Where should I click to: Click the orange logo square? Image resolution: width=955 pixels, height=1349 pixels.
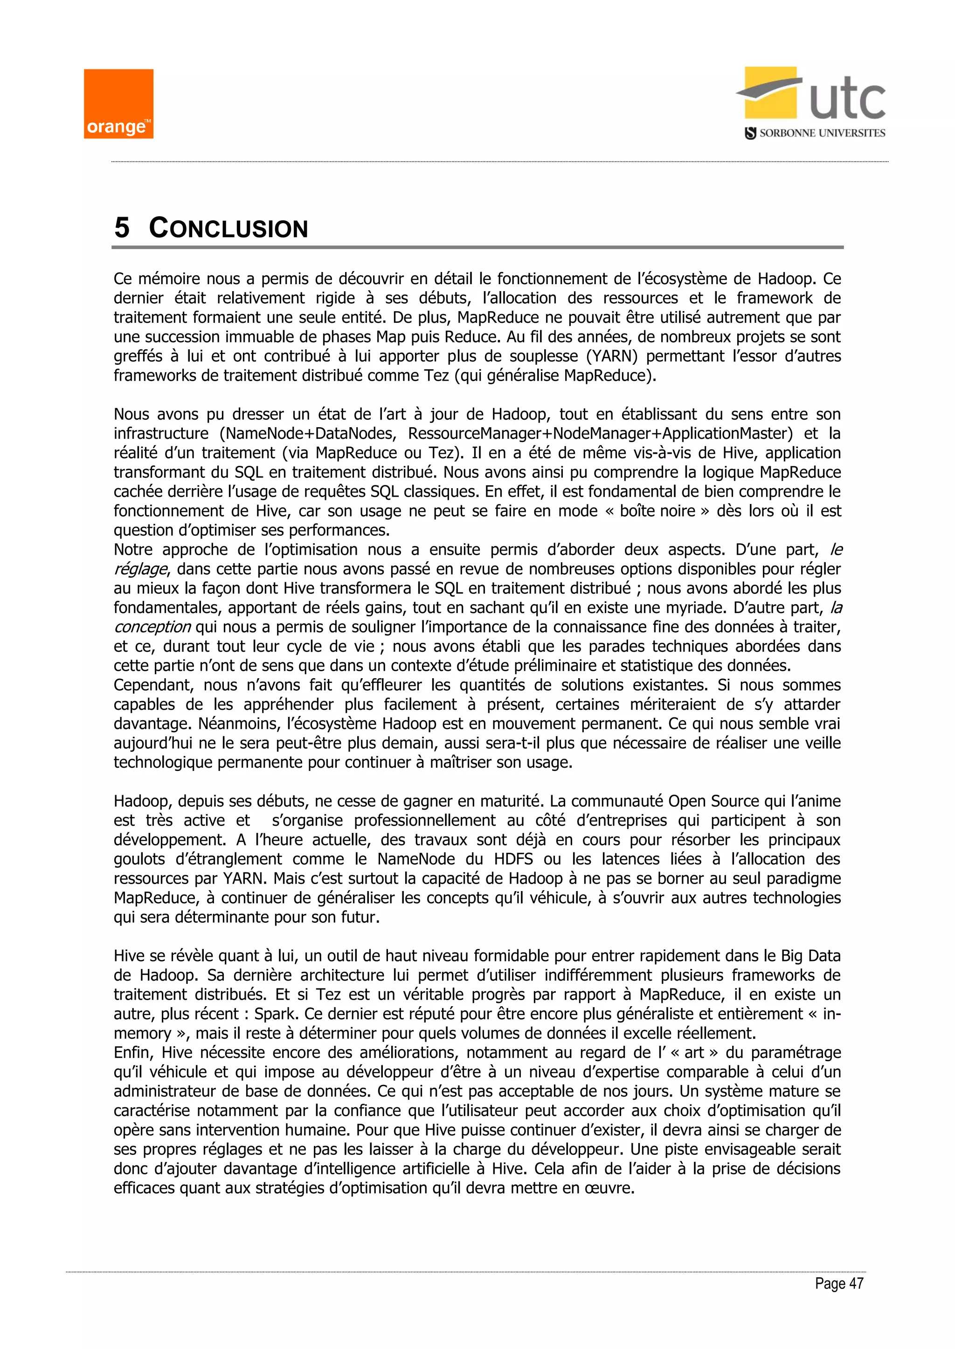click(118, 104)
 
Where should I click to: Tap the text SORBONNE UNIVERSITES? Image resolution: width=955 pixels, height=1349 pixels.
click(822, 133)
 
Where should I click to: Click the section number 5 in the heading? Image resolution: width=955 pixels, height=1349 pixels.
click(122, 228)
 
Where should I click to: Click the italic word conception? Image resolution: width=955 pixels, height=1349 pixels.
click(152, 627)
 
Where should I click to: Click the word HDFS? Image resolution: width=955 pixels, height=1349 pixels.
click(513, 859)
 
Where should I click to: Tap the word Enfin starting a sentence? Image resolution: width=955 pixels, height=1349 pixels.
click(132, 1053)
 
